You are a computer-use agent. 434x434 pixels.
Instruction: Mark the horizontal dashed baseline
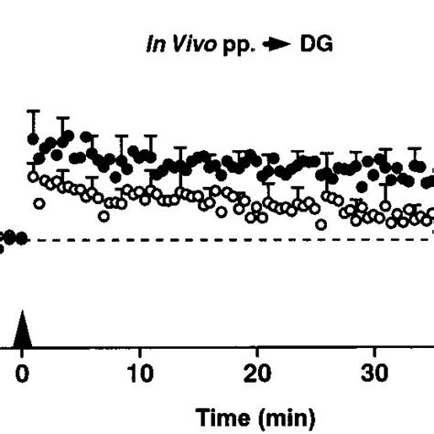click(x=229, y=240)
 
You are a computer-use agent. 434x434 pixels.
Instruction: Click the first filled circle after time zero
click(x=34, y=139)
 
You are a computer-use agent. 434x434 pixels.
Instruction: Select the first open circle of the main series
click(x=34, y=176)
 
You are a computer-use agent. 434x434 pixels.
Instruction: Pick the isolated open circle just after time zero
click(x=39, y=202)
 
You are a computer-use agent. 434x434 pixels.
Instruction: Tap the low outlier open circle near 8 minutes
click(x=103, y=216)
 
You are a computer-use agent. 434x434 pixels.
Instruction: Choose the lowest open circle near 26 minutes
click(x=320, y=223)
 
